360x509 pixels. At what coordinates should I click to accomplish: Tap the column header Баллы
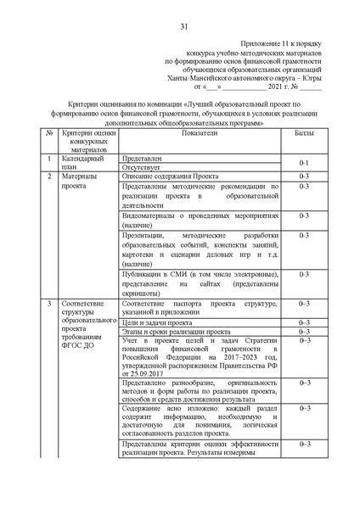pos(303,134)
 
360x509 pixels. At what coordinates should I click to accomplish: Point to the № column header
pos(50,134)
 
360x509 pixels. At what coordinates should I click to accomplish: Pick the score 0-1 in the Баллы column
pos(303,162)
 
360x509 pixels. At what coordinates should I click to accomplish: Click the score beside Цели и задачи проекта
pos(303,322)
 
